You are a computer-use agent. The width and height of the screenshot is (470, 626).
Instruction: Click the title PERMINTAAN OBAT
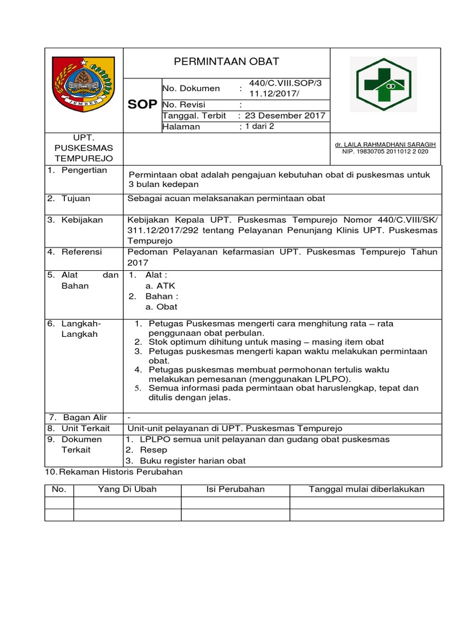(226, 61)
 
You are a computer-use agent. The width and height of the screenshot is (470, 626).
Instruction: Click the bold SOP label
(143, 105)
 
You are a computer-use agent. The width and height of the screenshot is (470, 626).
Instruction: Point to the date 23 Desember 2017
(285, 116)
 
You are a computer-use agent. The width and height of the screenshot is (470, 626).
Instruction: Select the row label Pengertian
(84, 170)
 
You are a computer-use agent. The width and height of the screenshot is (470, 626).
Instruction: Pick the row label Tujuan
(76, 199)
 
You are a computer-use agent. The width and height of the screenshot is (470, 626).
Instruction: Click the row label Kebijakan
(82, 219)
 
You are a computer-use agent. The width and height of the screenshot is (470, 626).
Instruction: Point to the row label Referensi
(82, 251)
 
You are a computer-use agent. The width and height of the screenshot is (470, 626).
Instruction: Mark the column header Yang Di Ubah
(127, 489)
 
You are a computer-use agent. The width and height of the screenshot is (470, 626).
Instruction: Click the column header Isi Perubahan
(235, 489)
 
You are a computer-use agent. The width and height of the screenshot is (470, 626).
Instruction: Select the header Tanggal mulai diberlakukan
(367, 489)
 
